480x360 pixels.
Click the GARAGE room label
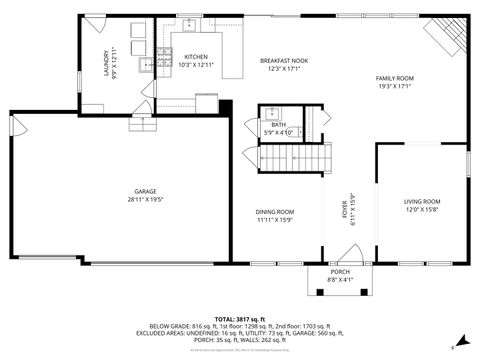coord(146,191)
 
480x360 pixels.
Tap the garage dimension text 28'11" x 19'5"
coord(146,200)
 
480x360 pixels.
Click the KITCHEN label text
coord(196,57)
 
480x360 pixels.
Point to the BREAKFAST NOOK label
coord(284,61)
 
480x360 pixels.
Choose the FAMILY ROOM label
coord(394,78)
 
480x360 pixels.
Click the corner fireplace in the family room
coord(443,36)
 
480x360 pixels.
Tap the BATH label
coord(278,124)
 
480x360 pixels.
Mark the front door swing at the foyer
coord(330,256)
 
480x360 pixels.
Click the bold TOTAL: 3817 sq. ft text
coord(239,317)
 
